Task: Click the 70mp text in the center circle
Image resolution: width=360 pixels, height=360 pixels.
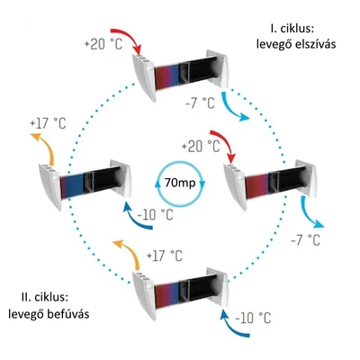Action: tap(180, 183)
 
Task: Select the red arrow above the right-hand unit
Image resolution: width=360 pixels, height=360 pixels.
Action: tap(226, 141)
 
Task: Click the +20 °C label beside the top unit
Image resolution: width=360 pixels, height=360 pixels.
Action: tap(103, 44)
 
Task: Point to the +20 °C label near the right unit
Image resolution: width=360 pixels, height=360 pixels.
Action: tap(201, 147)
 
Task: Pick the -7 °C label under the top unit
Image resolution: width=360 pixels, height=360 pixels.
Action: tap(200, 103)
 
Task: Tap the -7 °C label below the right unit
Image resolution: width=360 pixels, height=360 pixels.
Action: tap(305, 240)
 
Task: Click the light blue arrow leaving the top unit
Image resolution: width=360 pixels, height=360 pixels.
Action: tap(230, 108)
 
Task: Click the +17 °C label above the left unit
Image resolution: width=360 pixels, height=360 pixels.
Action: tap(48, 123)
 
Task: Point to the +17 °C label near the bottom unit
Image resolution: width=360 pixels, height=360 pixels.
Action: tap(165, 256)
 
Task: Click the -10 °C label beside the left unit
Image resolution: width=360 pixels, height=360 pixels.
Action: tap(155, 215)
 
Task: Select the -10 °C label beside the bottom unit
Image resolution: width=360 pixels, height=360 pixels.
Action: tap(253, 318)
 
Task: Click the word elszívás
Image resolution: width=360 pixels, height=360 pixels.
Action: tap(316, 44)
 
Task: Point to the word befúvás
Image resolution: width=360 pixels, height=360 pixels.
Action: tap(70, 314)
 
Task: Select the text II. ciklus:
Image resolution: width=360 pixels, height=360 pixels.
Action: tap(46, 298)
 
